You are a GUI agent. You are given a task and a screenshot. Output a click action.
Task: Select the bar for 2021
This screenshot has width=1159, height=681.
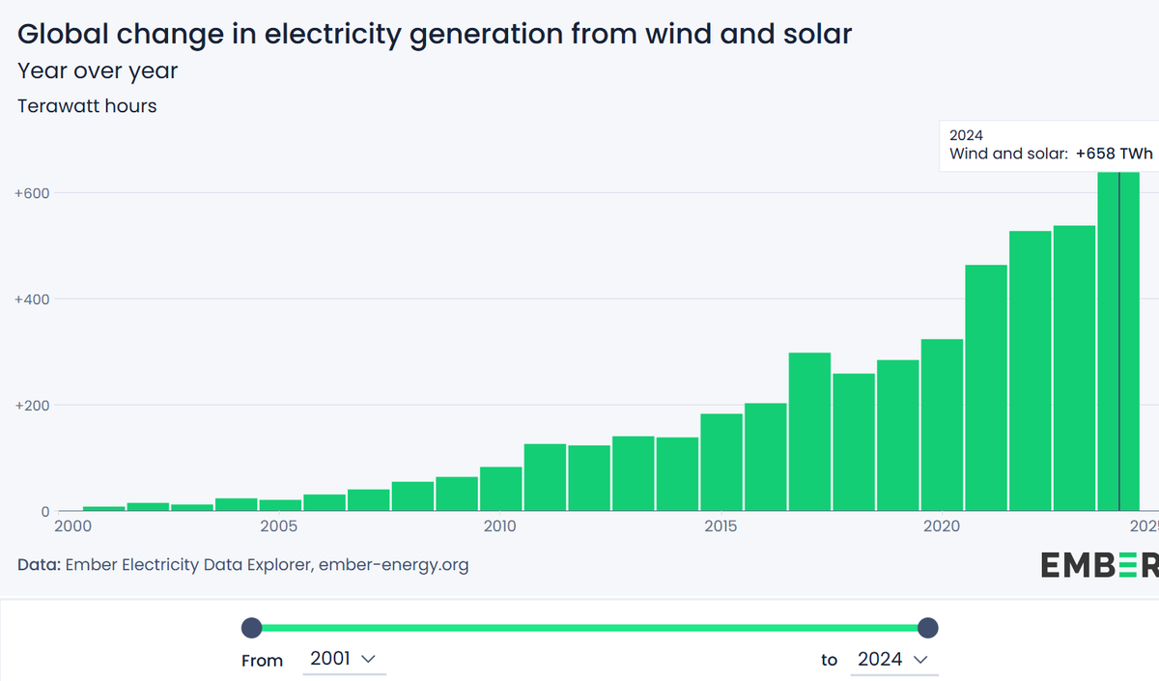click(x=986, y=387)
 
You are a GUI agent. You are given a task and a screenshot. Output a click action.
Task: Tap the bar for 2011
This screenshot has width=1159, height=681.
click(x=545, y=477)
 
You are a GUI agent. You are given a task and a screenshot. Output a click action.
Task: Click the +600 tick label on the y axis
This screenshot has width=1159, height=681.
click(x=32, y=193)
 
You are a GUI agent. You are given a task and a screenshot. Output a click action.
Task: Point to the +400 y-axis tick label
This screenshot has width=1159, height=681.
click(x=32, y=299)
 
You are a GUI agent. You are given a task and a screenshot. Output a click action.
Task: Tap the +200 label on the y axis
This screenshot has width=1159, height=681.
click(x=32, y=406)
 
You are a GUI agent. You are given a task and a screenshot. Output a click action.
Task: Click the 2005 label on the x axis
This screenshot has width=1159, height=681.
click(x=279, y=526)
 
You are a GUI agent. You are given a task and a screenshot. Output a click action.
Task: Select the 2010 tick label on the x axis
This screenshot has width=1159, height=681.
click(x=500, y=526)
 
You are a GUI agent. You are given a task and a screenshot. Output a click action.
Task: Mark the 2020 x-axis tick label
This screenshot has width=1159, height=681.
click(x=942, y=526)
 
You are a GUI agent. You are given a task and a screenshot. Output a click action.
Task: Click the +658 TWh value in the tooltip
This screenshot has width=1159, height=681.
click(x=1114, y=154)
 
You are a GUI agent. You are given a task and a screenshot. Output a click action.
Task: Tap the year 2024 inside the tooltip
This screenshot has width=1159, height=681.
click(x=966, y=135)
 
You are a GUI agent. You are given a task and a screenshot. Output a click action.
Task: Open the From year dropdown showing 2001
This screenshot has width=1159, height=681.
click(x=342, y=659)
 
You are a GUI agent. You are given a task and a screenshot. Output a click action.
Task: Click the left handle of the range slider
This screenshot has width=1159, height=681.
click(x=251, y=628)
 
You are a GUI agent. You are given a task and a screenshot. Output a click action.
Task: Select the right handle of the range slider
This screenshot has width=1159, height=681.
click(x=927, y=628)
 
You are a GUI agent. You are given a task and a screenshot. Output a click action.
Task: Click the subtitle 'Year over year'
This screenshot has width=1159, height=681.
click(x=98, y=71)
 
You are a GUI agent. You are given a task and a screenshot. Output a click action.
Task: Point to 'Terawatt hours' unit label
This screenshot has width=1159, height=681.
click(x=87, y=106)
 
